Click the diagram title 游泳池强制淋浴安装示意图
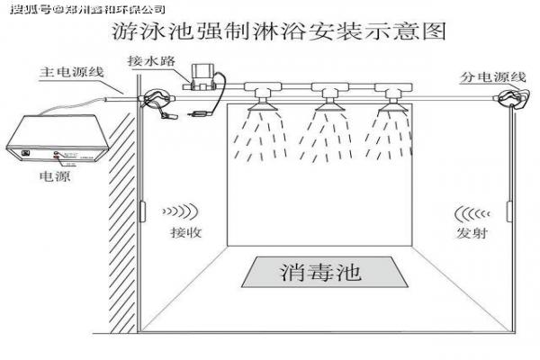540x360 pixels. (x=279, y=33)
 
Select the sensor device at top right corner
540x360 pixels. (x=512, y=99)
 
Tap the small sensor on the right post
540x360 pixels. (x=509, y=211)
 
